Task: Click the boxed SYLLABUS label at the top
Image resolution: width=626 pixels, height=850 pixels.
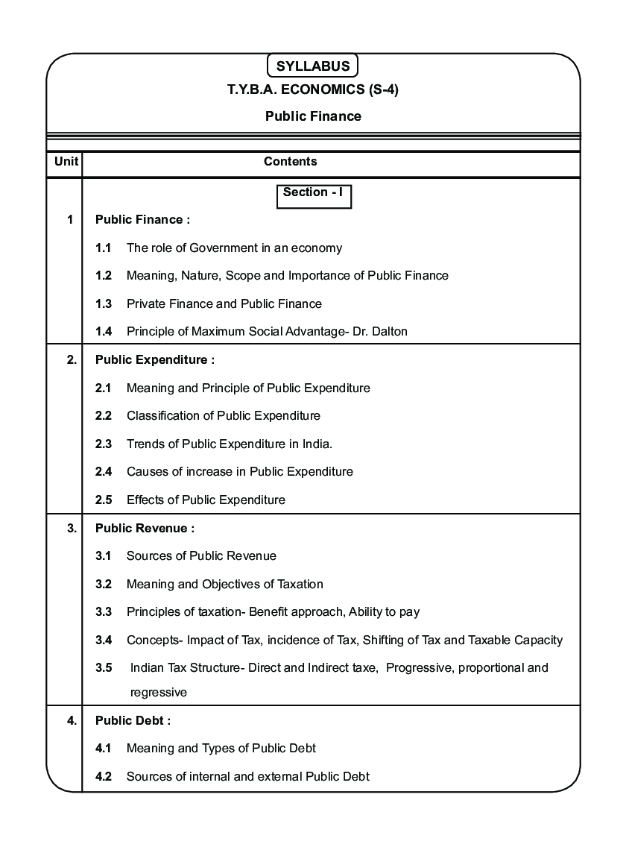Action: click(313, 66)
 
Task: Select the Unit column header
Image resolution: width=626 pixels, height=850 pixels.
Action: click(66, 162)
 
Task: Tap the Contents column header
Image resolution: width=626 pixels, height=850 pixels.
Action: click(291, 162)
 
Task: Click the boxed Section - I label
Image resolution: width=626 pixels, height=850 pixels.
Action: click(313, 192)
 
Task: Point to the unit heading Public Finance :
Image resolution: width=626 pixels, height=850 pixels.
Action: click(142, 220)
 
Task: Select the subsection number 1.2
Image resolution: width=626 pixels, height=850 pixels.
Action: click(104, 276)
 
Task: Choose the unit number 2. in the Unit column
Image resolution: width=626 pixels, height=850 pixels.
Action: click(72, 360)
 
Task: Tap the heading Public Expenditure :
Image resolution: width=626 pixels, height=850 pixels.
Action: click(155, 360)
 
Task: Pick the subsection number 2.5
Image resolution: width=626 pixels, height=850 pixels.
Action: click(104, 500)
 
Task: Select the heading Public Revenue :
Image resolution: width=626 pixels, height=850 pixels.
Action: click(145, 529)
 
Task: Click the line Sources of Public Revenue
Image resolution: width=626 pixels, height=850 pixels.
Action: click(201, 556)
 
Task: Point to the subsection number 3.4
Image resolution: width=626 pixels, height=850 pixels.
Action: click(104, 640)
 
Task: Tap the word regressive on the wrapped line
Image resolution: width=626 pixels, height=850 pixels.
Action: click(158, 693)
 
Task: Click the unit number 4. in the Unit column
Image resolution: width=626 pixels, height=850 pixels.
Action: click(72, 721)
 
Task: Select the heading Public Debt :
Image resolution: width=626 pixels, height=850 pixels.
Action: click(133, 721)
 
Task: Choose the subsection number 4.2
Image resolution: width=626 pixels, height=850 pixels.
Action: click(104, 777)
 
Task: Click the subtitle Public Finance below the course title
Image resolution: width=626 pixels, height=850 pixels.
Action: click(313, 116)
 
